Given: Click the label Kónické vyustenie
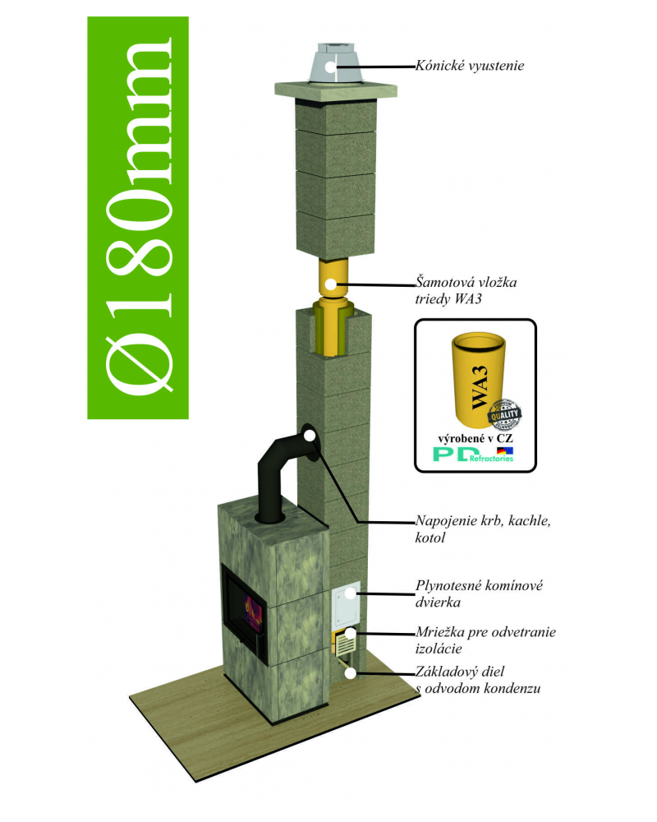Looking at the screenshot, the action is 470,66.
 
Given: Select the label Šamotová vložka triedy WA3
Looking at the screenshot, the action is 466,290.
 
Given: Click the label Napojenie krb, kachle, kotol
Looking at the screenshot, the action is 483,529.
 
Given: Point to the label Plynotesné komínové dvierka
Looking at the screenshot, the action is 479,593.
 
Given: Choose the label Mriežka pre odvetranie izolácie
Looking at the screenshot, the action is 485,640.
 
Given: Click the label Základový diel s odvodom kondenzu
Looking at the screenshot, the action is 478,680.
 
